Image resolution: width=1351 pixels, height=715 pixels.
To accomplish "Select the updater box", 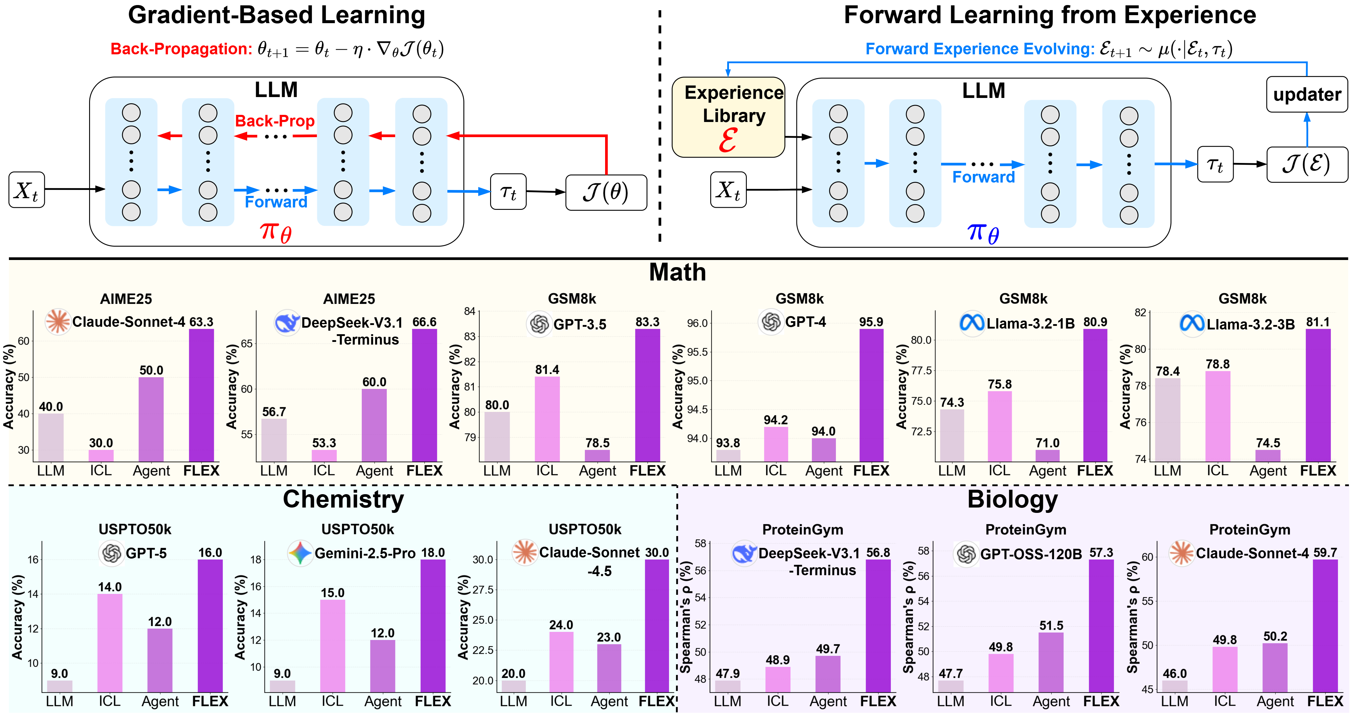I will coord(1306,94).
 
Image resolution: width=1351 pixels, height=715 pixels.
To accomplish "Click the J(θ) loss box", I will coord(606,192).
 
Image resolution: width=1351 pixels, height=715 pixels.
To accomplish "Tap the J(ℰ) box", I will coord(1306,164).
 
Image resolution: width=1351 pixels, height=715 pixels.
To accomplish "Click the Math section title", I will coord(677,272).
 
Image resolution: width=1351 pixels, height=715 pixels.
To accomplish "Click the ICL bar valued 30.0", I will coord(101,456).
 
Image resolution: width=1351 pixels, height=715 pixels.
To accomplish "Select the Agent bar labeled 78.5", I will coord(597,456).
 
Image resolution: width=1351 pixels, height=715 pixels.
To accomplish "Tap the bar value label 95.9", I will coord(871,322).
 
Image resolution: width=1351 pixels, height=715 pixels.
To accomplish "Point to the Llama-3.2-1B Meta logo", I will coord(971,322).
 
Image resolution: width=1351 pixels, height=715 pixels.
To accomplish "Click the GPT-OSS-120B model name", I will coord(1030,554).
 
